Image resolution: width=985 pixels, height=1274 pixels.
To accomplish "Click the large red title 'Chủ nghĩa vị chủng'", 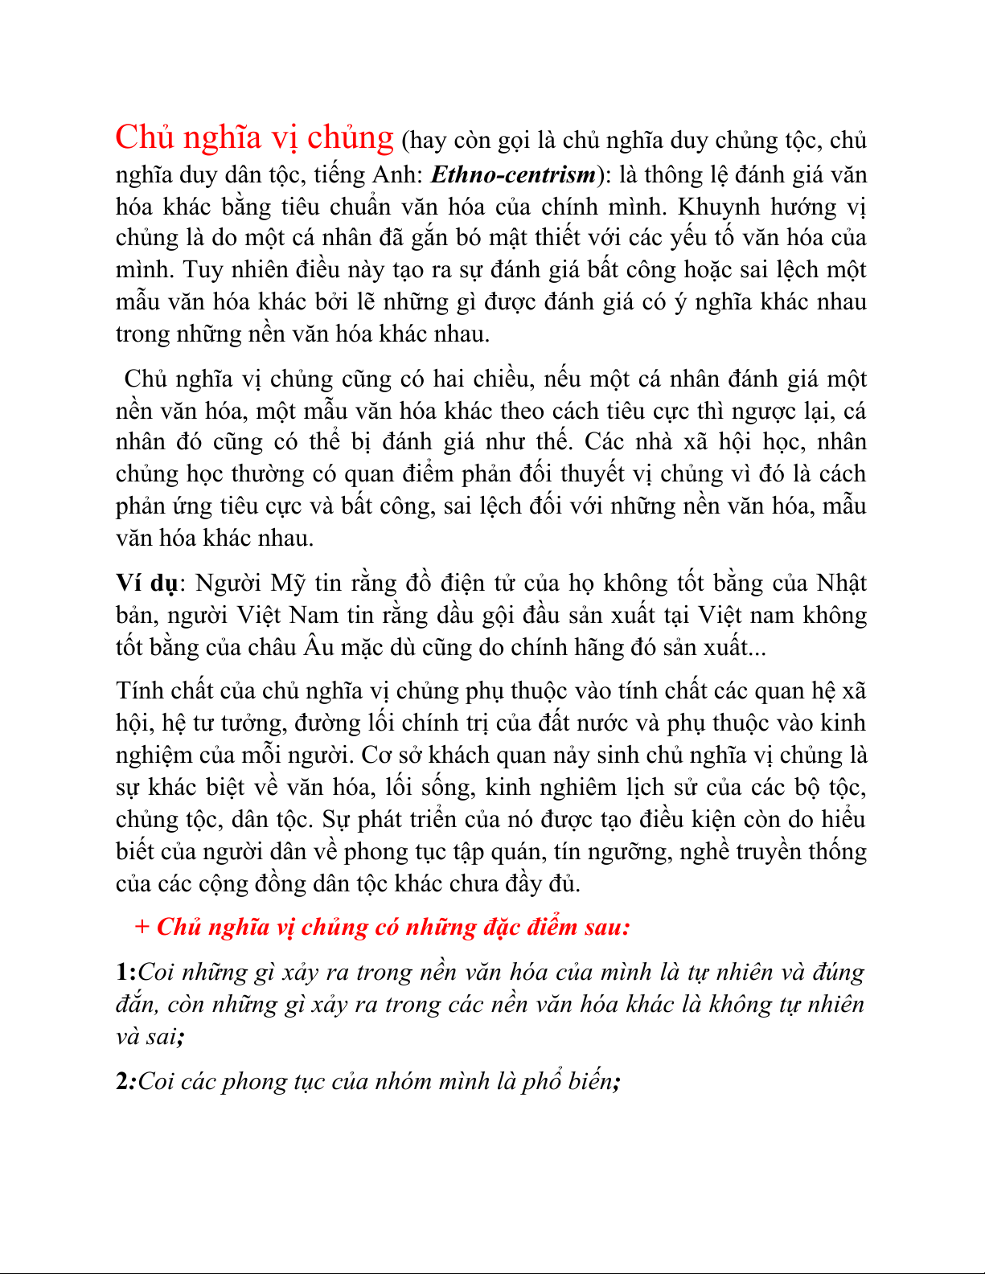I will tap(254, 138).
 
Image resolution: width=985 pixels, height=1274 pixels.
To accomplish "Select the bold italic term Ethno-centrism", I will tap(513, 174).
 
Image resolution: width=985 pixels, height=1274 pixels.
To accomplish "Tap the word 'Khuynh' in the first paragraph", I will tap(718, 207).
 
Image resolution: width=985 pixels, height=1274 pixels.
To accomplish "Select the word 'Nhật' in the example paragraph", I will tap(841, 584).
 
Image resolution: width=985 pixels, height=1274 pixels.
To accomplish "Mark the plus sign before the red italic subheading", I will tap(142, 928).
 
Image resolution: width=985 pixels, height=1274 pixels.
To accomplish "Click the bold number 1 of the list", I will tap(124, 973).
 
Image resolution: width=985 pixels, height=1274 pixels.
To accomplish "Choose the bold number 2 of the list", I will tap(124, 1082).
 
